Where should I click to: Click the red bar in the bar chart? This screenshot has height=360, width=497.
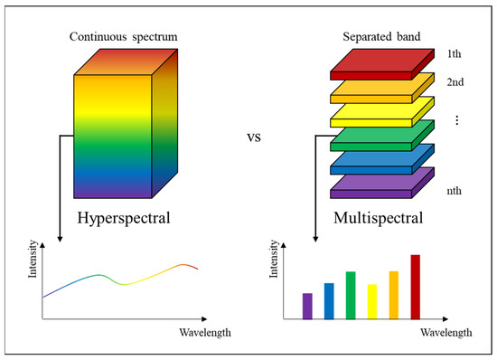pos(416,288)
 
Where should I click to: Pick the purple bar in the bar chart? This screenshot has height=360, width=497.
pos(307,306)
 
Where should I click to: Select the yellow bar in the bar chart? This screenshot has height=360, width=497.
pos(372,301)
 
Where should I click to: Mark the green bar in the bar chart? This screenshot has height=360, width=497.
pos(351,295)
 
